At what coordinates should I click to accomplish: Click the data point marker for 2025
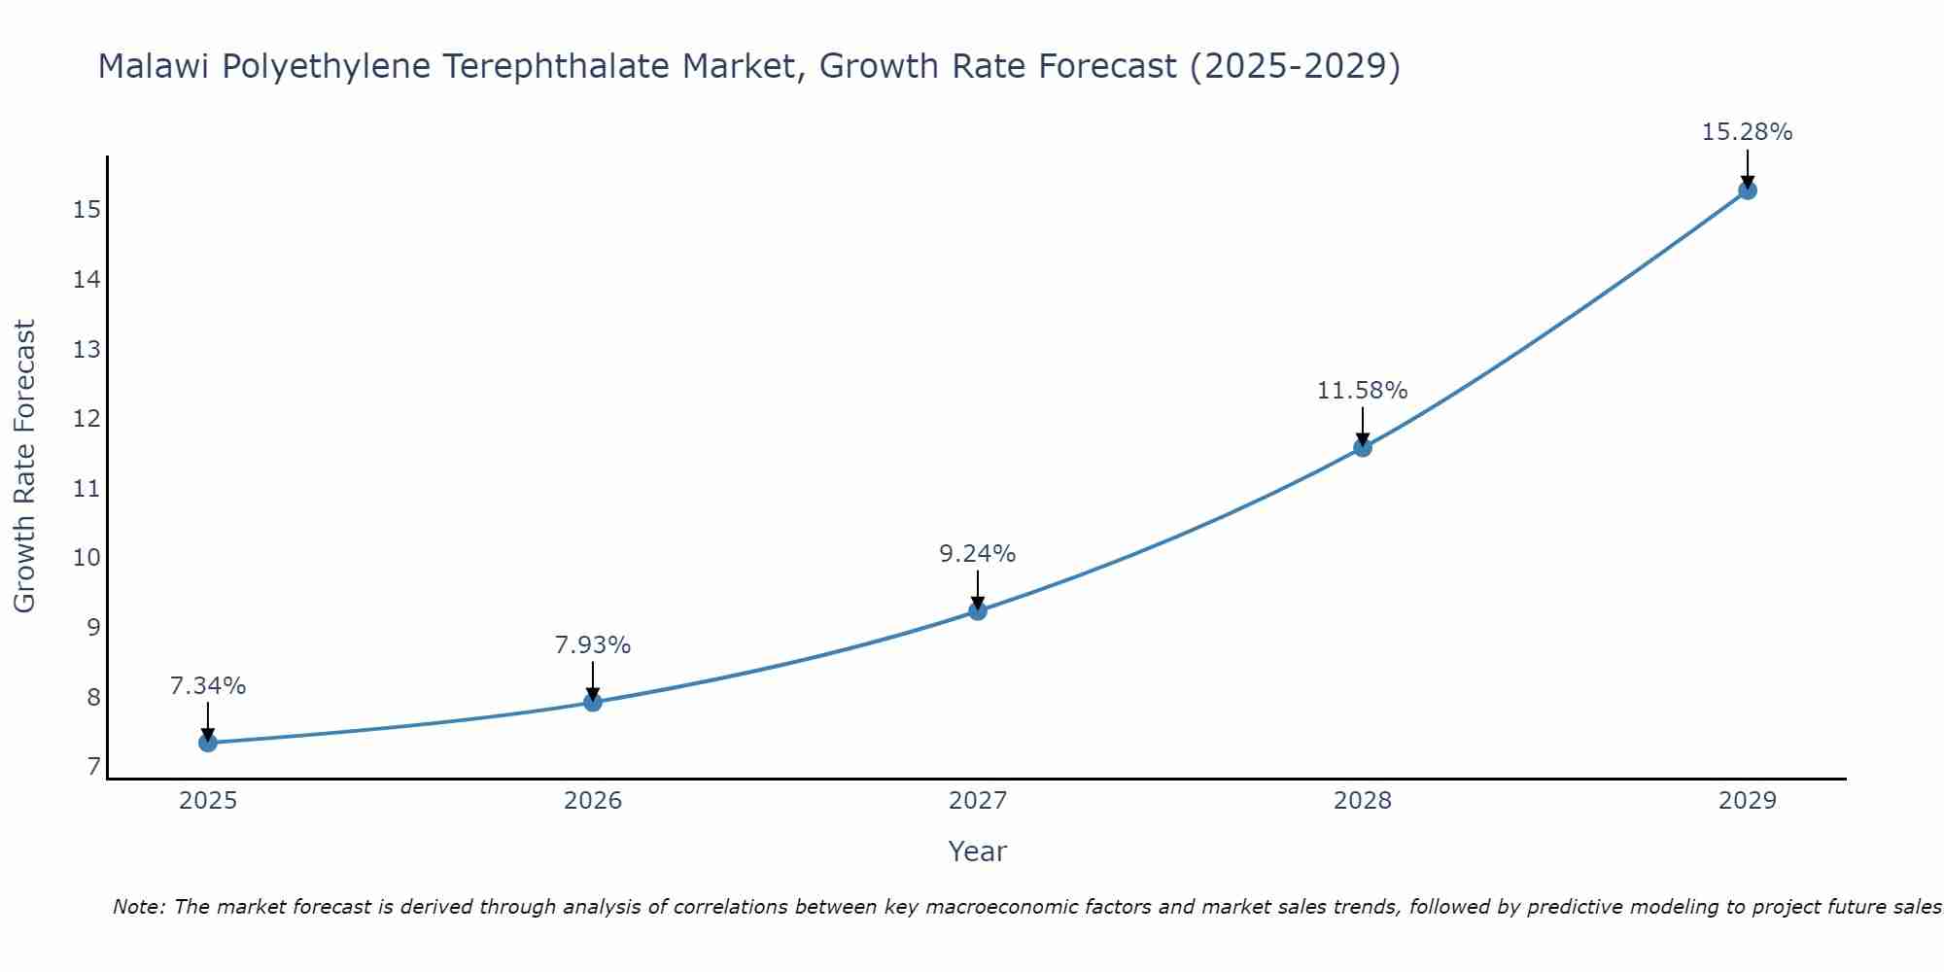pos(208,743)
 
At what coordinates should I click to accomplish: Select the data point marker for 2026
pos(593,702)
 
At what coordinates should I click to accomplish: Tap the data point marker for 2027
pos(978,610)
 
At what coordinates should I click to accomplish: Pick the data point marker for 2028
pos(1363,447)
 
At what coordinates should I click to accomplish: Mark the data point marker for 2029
pos(1748,191)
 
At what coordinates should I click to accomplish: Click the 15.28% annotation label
pos(1747,132)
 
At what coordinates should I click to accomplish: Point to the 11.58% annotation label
pos(1362,391)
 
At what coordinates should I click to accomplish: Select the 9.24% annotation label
pos(977,554)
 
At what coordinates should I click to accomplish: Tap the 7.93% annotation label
pos(593,645)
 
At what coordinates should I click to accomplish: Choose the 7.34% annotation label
pos(208,686)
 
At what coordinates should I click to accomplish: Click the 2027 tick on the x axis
pos(978,801)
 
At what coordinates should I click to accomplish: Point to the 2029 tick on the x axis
pos(1748,801)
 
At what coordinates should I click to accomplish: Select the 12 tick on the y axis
pos(87,419)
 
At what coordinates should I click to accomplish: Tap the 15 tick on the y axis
pos(87,210)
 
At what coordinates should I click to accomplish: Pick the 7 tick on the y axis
pos(93,768)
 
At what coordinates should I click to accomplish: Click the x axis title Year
pos(978,851)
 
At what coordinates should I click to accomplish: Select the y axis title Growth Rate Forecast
pos(24,467)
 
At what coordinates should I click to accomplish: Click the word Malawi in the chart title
pos(155,66)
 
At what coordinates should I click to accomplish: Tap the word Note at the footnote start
pos(139,907)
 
